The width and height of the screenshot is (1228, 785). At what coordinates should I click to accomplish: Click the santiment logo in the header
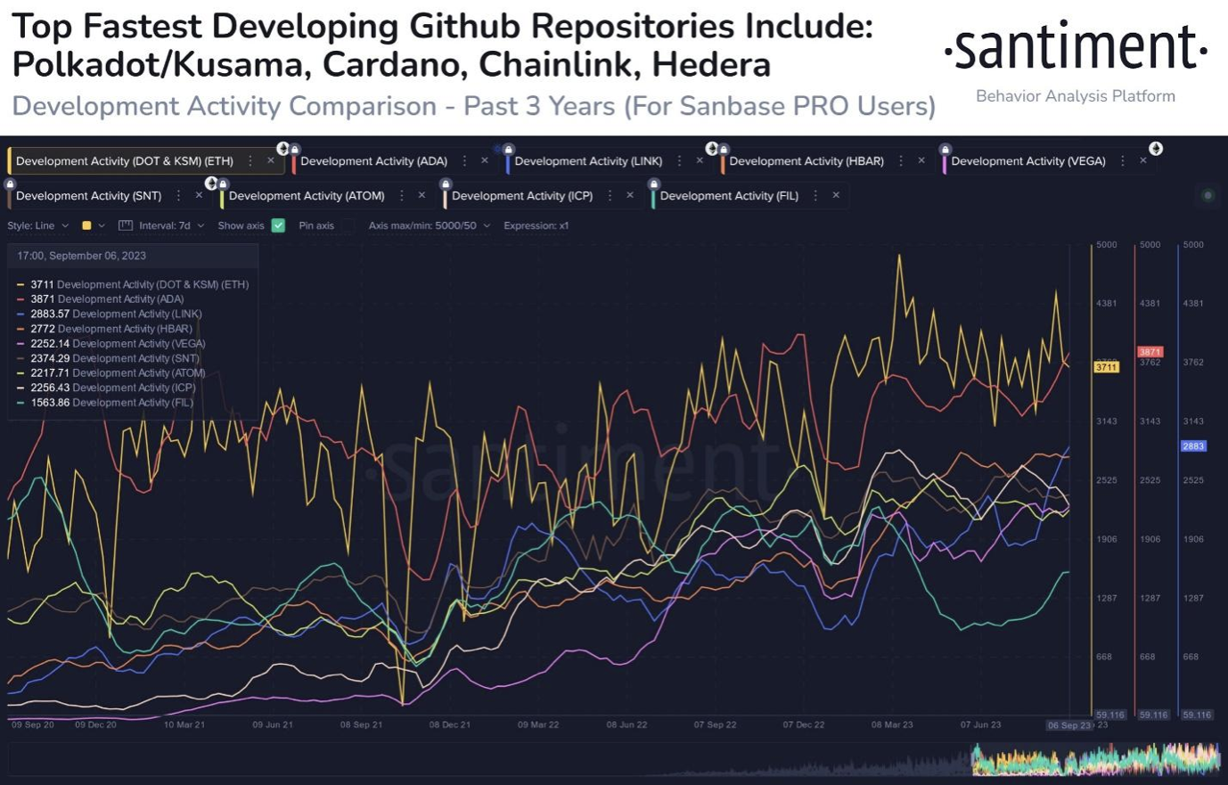point(1075,49)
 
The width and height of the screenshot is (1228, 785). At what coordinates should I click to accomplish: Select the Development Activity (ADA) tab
point(373,161)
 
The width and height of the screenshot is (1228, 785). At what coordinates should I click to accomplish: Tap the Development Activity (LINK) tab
point(588,161)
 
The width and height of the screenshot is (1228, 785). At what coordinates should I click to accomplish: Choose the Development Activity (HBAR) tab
point(806,161)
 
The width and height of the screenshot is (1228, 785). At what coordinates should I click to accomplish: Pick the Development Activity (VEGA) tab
point(1027,161)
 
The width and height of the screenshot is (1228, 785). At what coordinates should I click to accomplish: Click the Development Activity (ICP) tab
point(521,196)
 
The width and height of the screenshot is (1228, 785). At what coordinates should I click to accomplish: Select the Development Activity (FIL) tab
point(729,196)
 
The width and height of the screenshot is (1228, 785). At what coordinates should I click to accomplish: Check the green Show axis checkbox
point(278,225)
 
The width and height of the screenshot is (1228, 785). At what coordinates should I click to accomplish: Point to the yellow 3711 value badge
point(1106,367)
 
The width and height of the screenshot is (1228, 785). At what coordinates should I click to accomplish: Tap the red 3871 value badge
point(1150,352)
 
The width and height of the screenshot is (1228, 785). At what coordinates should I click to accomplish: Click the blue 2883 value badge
point(1193,446)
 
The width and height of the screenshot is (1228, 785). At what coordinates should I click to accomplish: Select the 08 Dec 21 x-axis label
point(449,725)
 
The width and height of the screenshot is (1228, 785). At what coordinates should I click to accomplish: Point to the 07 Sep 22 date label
point(715,725)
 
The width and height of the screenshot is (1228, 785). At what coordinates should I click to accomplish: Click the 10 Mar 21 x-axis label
point(184,725)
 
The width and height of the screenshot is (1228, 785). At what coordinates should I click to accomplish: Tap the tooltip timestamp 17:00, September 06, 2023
point(81,256)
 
